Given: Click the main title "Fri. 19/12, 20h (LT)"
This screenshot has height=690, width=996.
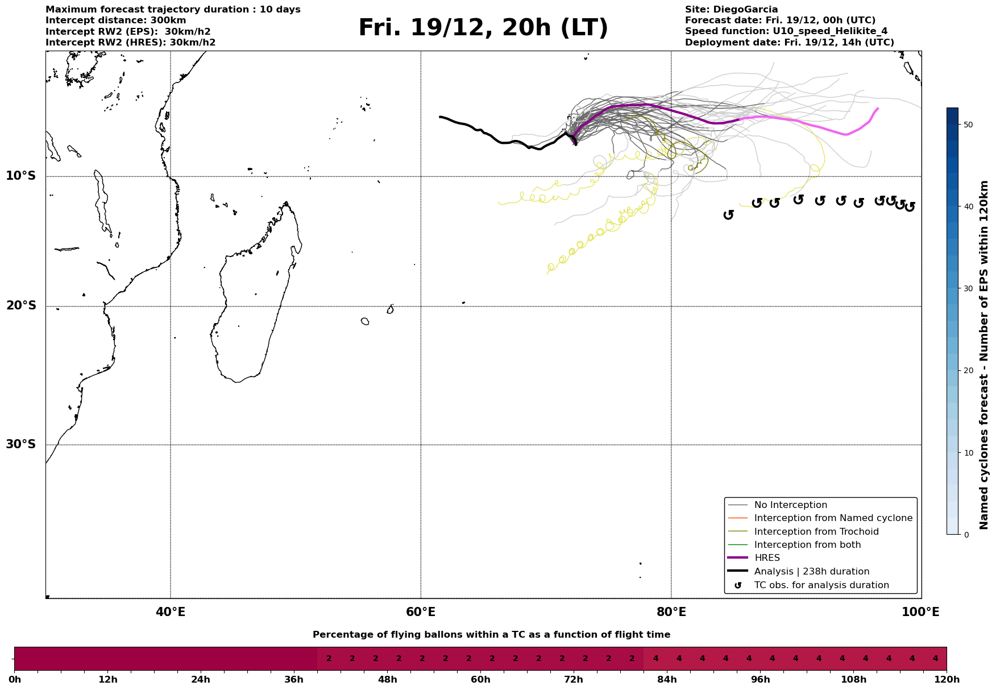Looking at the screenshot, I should tap(483, 28).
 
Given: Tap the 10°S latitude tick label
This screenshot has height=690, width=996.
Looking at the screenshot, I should tap(21, 176).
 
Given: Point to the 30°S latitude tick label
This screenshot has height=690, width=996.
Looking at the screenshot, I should tap(21, 444).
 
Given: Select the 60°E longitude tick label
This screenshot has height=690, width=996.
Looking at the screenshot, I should tap(421, 612).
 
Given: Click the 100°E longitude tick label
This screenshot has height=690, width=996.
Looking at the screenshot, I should tap(920, 612).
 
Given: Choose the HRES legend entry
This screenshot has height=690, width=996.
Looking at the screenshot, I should tap(767, 558).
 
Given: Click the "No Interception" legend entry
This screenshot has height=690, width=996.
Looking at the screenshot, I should tap(790, 505).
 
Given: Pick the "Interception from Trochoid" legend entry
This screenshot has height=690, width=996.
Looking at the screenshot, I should tap(816, 532).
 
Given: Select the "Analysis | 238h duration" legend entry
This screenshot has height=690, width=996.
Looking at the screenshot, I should tap(811, 572).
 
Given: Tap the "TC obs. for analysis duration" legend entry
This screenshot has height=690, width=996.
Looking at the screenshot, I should tap(821, 585).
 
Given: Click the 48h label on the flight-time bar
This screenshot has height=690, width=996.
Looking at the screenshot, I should tap(387, 680).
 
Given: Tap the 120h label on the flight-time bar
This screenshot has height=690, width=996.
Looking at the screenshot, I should tap(946, 680).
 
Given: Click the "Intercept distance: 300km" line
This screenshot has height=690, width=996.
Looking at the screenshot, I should tap(115, 20).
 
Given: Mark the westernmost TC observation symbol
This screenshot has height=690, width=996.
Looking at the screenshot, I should tap(728, 214).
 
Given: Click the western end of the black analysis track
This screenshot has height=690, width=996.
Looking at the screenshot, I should tap(440, 117).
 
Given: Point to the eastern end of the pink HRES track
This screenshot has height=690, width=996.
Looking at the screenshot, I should tap(878, 109).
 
